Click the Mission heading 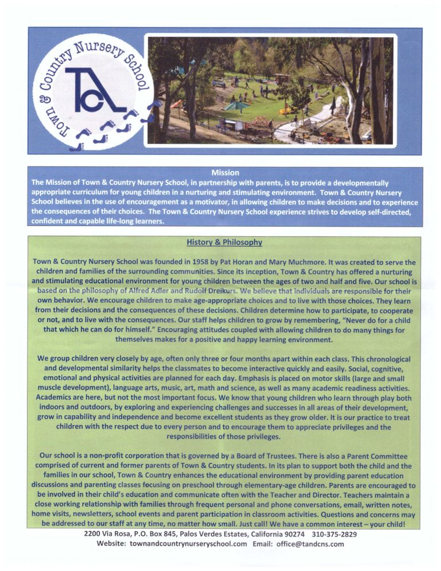(224, 172)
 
